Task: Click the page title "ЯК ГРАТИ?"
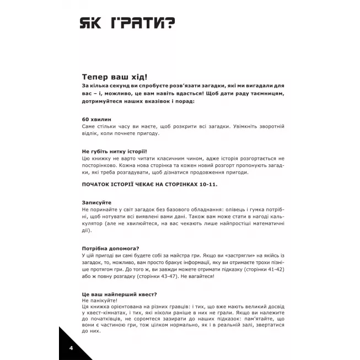[128, 22]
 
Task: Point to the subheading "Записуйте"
[96, 202]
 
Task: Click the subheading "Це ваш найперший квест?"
[119, 294]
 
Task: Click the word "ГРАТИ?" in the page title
[146, 22]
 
